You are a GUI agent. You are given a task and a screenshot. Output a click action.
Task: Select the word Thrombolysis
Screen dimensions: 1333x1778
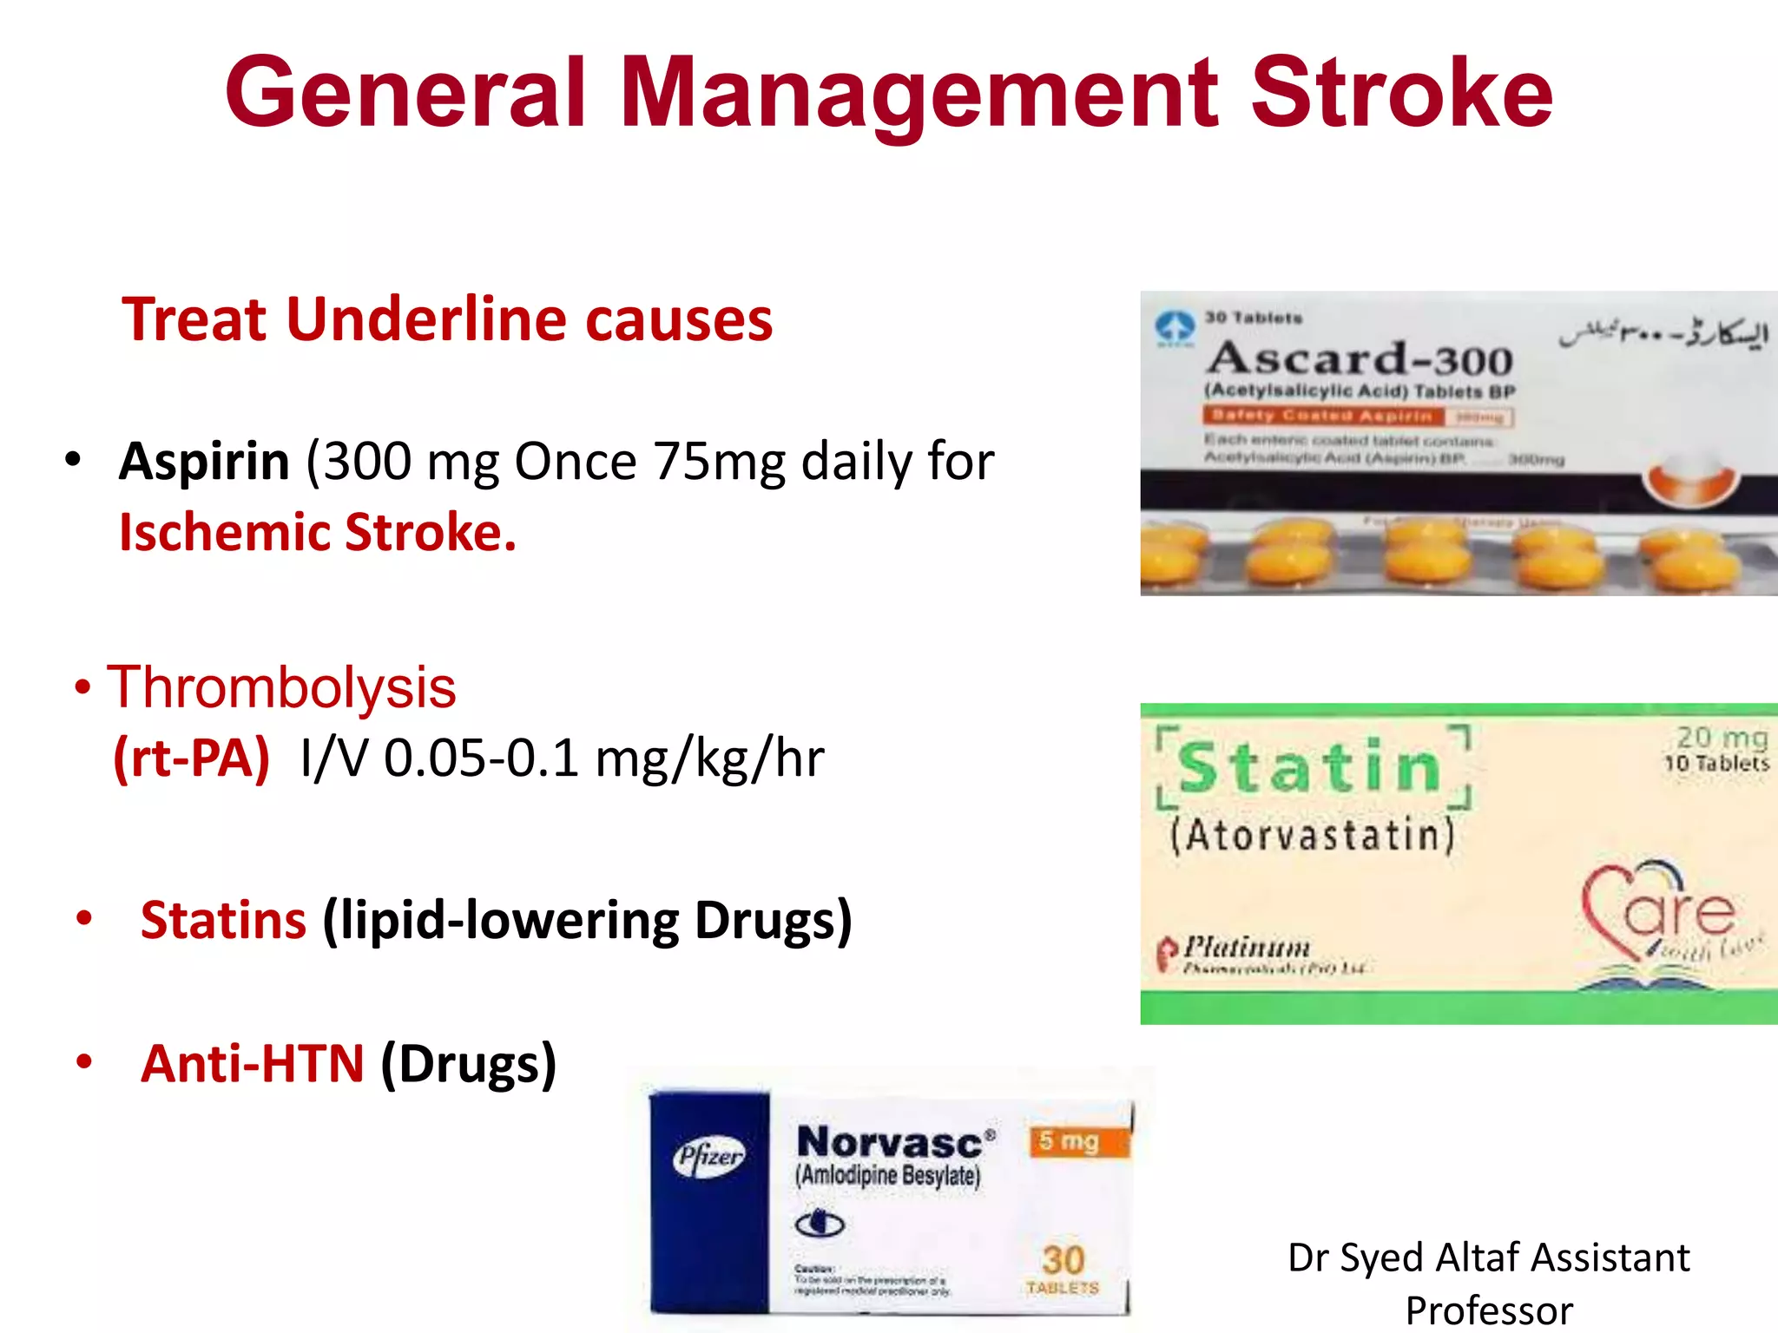click(281, 687)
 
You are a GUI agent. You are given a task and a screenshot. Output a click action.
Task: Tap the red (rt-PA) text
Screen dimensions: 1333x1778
click(192, 758)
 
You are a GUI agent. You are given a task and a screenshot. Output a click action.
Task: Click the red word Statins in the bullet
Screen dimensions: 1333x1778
click(223, 920)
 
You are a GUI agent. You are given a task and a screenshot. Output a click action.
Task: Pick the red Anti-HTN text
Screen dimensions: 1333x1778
click(252, 1064)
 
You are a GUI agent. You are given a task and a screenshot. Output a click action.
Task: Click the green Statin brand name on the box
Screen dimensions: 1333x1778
click(1310, 768)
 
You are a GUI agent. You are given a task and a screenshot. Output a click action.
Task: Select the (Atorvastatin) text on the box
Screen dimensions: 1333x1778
click(1312, 836)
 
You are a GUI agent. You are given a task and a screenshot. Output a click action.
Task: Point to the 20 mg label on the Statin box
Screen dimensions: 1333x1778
click(1722, 738)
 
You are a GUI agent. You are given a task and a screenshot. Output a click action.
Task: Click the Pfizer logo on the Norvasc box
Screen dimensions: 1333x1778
click(709, 1156)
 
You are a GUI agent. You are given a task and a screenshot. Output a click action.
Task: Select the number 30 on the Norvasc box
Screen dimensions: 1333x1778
click(1063, 1260)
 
